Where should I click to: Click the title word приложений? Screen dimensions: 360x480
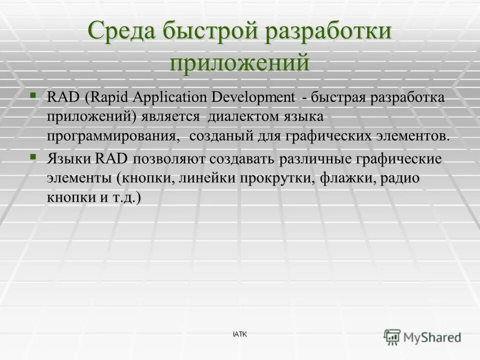[x=239, y=63]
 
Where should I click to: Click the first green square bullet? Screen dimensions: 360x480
[x=33, y=93]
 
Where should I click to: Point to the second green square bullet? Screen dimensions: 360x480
[x=33, y=156]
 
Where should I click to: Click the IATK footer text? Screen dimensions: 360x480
[x=239, y=333]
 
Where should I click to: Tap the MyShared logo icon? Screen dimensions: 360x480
[x=392, y=337]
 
